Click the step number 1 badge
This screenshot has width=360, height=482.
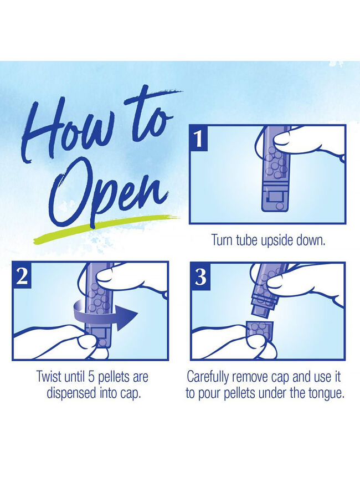[199, 138]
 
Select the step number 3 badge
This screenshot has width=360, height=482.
[200, 276]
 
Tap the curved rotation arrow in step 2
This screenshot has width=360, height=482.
[105, 314]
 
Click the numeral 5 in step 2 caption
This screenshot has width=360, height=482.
[91, 377]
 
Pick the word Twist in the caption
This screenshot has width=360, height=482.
[48, 377]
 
